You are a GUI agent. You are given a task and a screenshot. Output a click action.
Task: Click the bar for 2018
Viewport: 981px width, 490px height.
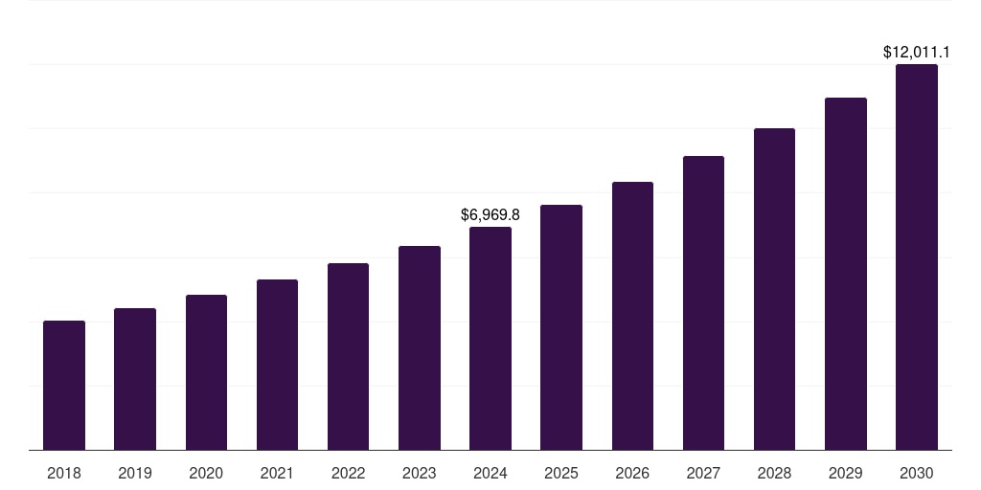tap(64, 386)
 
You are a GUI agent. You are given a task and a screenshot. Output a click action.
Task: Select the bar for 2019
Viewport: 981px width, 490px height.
tap(135, 379)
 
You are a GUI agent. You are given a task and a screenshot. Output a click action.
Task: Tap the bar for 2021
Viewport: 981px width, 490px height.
tap(277, 365)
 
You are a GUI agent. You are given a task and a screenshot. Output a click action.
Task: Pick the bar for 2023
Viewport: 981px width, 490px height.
tap(420, 348)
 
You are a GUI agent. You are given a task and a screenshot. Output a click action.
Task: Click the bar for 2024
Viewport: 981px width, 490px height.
tap(490, 339)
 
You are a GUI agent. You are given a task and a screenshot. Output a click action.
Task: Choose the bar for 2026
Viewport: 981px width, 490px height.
tap(632, 316)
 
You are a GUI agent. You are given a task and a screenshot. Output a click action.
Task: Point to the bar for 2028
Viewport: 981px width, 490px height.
tap(774, 289)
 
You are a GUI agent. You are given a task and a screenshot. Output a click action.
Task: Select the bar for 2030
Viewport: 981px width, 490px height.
tap(917, 257)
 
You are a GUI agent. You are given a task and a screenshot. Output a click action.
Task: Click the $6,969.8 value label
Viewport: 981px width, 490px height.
tap(490, 215)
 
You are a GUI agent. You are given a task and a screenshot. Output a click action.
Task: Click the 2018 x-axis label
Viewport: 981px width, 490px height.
tap(64, 473)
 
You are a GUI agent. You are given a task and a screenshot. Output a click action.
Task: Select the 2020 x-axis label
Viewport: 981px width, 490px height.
tap(206, 473)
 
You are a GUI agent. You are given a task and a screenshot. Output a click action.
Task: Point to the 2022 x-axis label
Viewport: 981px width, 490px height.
tap(348, 473)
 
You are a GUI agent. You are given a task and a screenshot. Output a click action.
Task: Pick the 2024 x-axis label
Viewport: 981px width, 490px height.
tap(490, 473)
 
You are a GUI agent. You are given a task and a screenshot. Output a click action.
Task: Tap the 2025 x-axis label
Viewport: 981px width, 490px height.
tap(561, 473)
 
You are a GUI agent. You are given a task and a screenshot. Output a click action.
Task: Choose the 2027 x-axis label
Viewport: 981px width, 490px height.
tap(703, 473)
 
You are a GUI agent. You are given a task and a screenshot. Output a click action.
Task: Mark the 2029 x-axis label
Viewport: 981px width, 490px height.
tap(845, 473)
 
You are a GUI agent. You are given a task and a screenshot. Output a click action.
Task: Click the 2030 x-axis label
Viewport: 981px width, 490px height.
tap(917, 473)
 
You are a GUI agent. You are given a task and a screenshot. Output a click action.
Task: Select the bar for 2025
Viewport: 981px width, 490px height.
tap(561, 327)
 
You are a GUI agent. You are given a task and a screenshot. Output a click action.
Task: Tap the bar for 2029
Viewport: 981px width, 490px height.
tap(845, 274)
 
